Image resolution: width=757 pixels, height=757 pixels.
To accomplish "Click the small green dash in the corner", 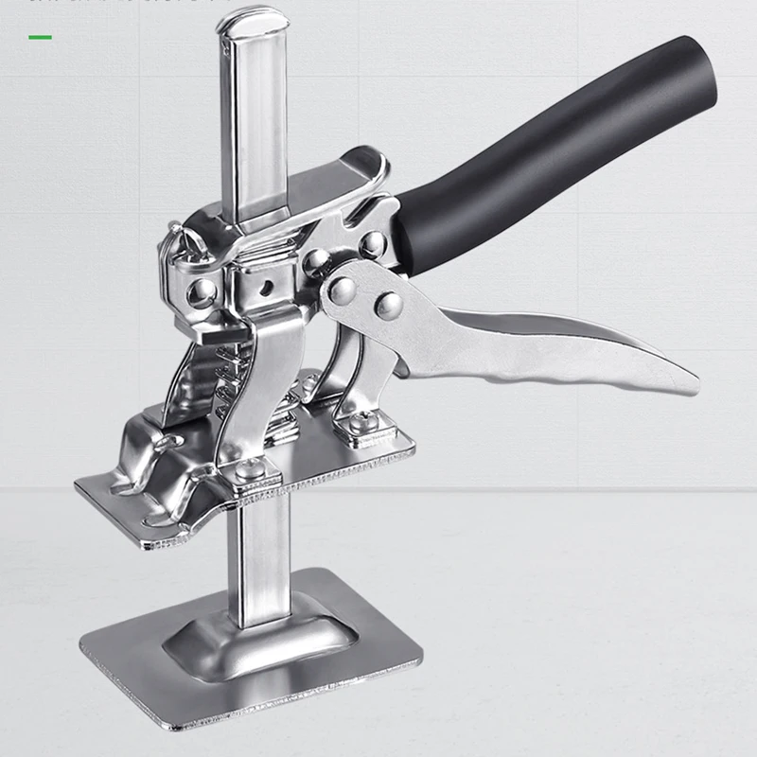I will (41, 38).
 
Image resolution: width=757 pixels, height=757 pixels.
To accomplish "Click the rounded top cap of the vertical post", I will (253, 21).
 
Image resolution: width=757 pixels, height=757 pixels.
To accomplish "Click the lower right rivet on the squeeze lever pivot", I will (388, 305).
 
